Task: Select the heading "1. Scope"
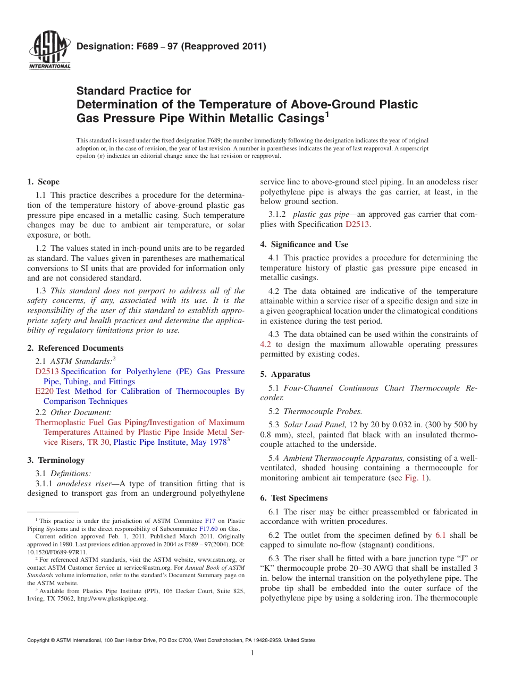tap(44, 182)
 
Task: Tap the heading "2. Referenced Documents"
tap(75, 348)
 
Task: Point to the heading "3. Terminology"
tap(56, 460)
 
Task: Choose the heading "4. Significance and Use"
tap(304, 244)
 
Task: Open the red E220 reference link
tap(44, 391)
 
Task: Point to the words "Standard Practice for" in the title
tap(134, 91)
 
